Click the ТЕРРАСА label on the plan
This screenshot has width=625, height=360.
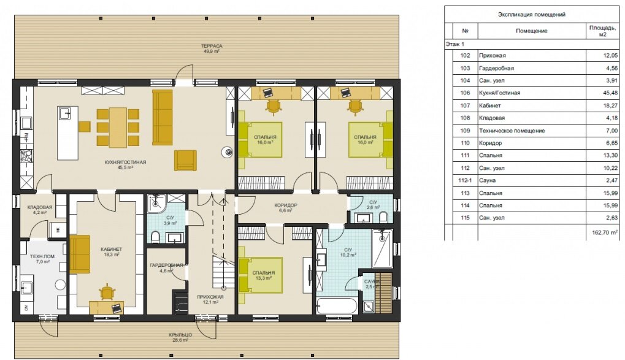click(212, 46)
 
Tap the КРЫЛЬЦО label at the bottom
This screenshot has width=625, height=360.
click(180, 335)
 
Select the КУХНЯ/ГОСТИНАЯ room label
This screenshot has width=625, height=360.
click(125, 163)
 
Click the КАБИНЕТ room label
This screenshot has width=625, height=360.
click(111, 249)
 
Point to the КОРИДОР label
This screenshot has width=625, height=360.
click(286, 205)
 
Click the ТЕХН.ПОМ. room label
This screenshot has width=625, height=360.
click(42, 256)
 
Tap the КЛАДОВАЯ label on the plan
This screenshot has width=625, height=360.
click(40, 207)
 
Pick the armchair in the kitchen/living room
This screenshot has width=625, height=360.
click(185, 160)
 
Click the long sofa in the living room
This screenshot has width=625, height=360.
click(162, 118)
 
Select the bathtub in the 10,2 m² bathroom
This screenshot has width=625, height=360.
click(336, 306)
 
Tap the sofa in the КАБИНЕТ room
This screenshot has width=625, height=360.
click(80, 255)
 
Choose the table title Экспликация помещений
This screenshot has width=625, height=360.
click(532, 14)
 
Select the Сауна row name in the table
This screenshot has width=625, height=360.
click(488, 180)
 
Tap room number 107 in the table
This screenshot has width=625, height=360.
click(465, 105)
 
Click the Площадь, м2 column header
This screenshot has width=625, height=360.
click(602, 31)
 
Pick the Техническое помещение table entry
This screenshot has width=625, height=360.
click(512, 131)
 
